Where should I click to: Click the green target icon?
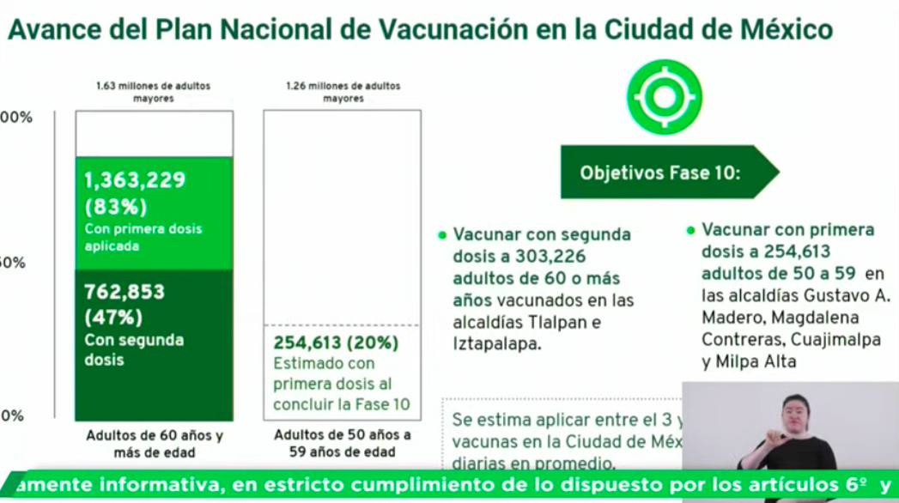pos(664,97)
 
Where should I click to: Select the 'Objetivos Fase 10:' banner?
pos(659,172)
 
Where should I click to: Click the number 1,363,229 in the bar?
pos(135,180)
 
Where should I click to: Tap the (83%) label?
pos(116,207)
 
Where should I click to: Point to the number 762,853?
pos(125,292)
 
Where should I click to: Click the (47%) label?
pos(113,317)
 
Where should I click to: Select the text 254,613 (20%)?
pos(336,342)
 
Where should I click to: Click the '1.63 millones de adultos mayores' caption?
pos(154,92)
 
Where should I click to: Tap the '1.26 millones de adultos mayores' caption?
pos(343,92)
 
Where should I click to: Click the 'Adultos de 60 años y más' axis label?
pos(155,444)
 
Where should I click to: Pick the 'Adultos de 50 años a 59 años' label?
pos(343,443)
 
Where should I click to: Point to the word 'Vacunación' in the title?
pos(448,30)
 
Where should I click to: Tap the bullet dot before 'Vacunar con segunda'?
pos(442,234)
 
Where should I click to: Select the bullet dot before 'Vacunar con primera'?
pos(690,230)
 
